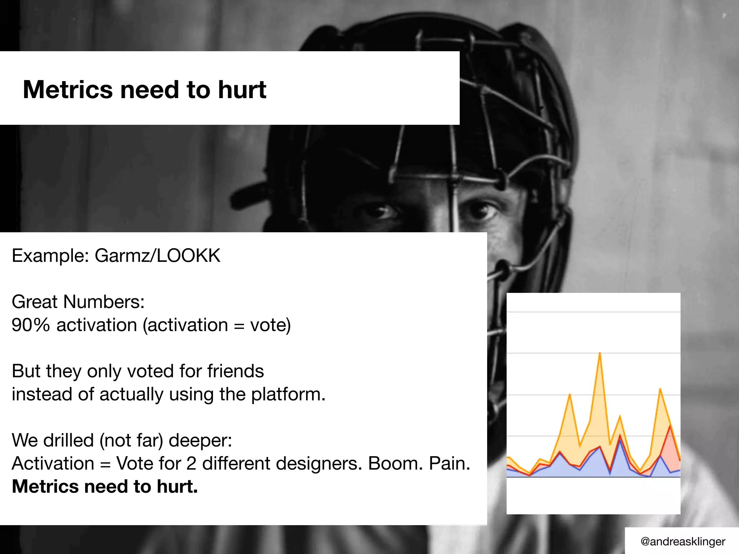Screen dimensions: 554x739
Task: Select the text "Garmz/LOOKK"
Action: tap(157, 256)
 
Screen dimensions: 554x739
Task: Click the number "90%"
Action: tap(31, 325)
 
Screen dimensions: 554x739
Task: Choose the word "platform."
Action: tap(288, 394)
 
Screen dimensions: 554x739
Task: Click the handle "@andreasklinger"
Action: tap(683, 541)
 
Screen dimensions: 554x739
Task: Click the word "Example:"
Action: tap(50, 256)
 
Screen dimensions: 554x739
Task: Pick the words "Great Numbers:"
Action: tap(78, 302)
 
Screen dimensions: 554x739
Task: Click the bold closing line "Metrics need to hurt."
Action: tap(105, 487)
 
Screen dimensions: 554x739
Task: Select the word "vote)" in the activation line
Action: tap(270, 325)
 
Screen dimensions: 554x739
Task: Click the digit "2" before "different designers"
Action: tap(191, 463)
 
